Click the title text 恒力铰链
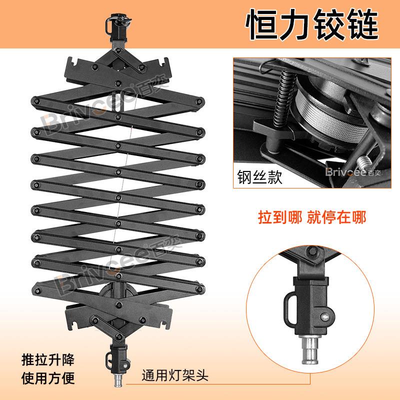click(311, 24)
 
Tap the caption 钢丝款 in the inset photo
click(259, 177)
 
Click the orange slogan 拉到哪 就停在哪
click(312, 217)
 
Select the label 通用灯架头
click(175, 375)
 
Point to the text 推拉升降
click(48, 360)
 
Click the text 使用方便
click(48, 378)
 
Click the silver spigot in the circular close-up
click(309, 349)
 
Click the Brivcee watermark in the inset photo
click(353, 172)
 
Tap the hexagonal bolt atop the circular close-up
click(311, 251)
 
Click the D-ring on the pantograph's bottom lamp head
click(109, 360)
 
